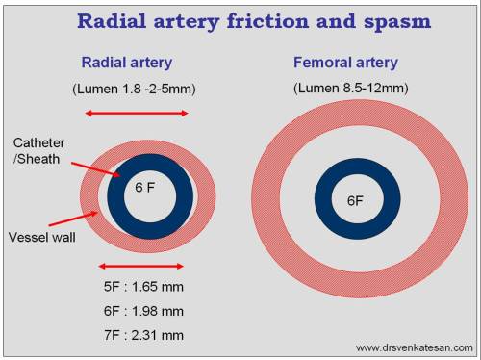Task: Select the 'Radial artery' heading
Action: click(x=126, y=63)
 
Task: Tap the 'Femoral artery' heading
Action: click(x=344, y=63)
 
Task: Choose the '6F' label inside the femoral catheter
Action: click(x=355, y=200)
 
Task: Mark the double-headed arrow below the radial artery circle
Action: click(x=141, y=265)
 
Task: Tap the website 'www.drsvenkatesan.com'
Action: click(x=414, y=347)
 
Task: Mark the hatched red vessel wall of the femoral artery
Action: click(x=279, y=200)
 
